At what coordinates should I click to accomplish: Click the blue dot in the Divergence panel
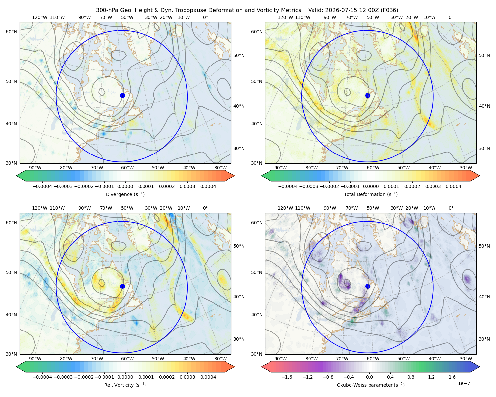(122, 95)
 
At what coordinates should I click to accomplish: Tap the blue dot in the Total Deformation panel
(368, 95)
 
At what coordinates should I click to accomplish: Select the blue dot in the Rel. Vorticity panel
(122, 286)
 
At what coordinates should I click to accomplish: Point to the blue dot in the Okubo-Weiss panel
(368, 286)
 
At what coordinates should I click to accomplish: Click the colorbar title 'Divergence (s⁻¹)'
(125, 194)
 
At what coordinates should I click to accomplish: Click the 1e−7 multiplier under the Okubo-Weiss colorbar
(464, 383)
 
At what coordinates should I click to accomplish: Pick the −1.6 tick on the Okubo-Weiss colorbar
(287, 377)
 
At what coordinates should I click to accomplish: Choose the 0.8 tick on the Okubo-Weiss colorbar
(411, 377)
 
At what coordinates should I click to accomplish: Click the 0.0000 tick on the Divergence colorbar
(125, 186)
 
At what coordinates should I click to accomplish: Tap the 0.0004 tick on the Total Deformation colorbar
(453, 186)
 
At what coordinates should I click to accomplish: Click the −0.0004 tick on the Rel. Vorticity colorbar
(42, 377)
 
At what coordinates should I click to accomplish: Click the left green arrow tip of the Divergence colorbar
(16, 176)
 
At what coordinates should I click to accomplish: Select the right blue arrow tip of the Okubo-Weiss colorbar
(480, 367)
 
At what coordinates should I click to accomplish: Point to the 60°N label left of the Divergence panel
(11, 32)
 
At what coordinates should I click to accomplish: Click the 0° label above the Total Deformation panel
(451, 17)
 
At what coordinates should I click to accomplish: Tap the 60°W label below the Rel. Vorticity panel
(127, 359)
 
